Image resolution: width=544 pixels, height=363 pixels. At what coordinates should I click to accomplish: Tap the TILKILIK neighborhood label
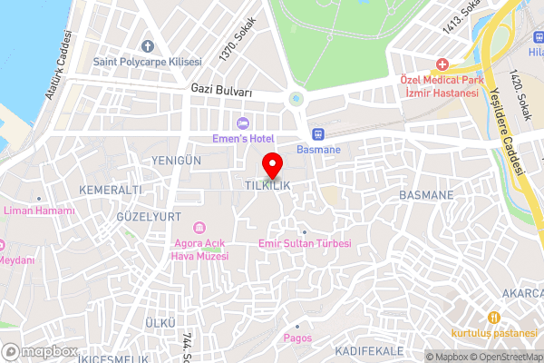tap(267, 185)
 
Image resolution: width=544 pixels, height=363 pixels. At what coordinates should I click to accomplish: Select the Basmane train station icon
tap(317, 132)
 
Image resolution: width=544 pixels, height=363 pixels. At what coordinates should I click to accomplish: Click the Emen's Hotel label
tap(243, 138)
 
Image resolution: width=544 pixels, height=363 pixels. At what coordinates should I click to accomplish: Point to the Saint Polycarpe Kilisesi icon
tap(148, 46)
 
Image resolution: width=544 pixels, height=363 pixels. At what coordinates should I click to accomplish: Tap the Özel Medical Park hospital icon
tap(442, 64)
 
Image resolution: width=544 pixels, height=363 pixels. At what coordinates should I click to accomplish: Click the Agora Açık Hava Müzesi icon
tap(200, 227)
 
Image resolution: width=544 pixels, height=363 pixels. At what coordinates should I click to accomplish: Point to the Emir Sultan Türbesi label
tap(305, 243)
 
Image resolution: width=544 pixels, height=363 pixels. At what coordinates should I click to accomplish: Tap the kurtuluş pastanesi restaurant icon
tap(494, 318)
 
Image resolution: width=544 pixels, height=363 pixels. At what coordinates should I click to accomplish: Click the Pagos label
tap(296, 338)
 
